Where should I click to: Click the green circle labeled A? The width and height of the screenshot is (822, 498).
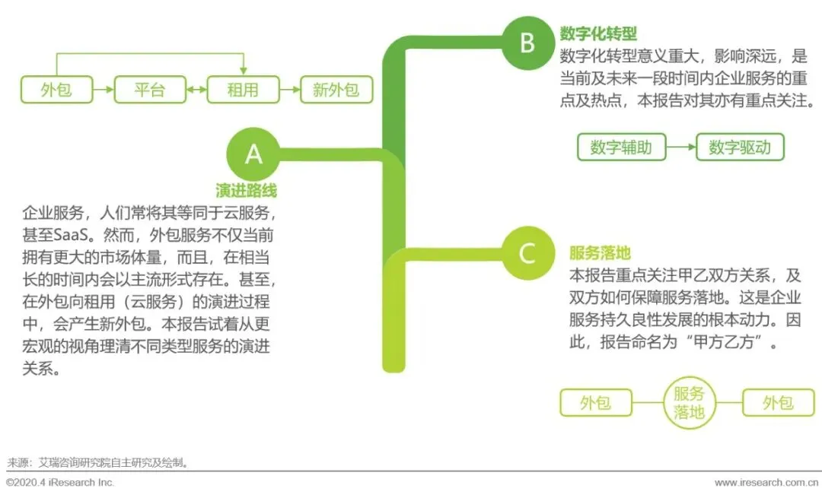tap(253, 154)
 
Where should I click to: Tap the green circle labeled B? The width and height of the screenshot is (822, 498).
tap(527, 43)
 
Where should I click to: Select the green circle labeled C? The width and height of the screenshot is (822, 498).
tap(527, 252)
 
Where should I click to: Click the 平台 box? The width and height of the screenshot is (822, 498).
tap(150, 90)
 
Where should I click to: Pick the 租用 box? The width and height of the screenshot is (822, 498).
tap(243, 90)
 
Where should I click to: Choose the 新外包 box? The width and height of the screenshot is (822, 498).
tap(336, 90)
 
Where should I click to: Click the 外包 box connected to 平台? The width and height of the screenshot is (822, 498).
tap(56, 90)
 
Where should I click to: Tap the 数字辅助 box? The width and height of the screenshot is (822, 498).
tap(620, 147)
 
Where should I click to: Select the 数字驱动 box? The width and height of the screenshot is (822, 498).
tap(739, 147)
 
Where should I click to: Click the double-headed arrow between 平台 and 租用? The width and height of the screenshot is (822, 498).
tap(196, 90)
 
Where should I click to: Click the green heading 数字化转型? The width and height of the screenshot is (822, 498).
tap(597, 34)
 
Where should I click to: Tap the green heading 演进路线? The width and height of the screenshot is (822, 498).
tap(246, 191)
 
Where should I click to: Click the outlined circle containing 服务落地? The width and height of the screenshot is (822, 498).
tap(688, 402)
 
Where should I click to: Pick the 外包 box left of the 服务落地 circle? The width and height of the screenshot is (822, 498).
tap(595, 402)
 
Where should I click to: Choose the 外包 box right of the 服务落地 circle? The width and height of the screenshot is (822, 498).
tap(778, 402)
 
